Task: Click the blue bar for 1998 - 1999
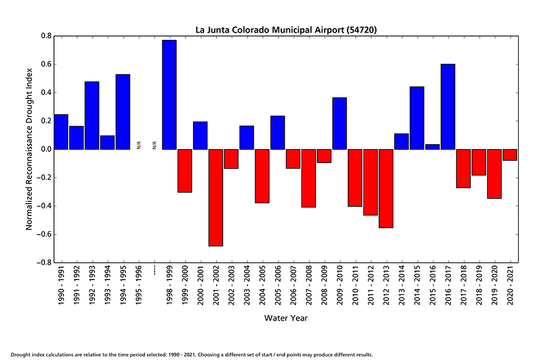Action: click(x=169, y=94)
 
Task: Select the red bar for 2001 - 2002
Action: click(x=216, y=197)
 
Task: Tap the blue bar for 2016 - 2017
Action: click(x=448, y=107)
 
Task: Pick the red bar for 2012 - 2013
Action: click(x=386, y=188)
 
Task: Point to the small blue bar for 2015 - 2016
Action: click(x=433, y=147)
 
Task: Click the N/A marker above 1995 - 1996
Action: click(x=139, y=145)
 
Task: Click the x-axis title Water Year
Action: click(x=286, y=318)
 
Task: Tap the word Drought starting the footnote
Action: click(x=21, y=355)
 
